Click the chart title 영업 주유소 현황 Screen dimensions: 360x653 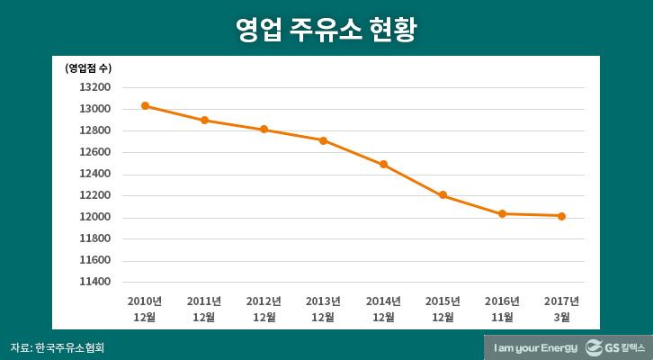point(326,30)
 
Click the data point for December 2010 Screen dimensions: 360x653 point(145,106)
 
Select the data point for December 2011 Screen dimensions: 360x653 point(204,120)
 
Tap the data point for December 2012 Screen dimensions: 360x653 point(264,130)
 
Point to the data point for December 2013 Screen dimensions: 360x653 point(323,140)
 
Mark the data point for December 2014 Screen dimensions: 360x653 point(383,165)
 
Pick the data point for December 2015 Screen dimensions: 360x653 point(443,195)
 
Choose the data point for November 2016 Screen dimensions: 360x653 point(502,214)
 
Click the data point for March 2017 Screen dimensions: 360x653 point(561,216)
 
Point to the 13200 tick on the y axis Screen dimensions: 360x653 point(95,87)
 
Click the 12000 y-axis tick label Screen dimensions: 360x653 point(95,217)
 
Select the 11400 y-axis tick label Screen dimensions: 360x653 point(95,282)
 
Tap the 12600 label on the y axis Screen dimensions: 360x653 point(95,152)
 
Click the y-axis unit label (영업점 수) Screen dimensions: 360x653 point(88,67)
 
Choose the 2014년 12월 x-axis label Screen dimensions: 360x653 point(383,309)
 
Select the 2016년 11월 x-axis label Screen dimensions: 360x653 point(502,309)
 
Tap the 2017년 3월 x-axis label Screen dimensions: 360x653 point(561,309)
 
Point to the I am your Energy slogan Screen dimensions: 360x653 point(533,347)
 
